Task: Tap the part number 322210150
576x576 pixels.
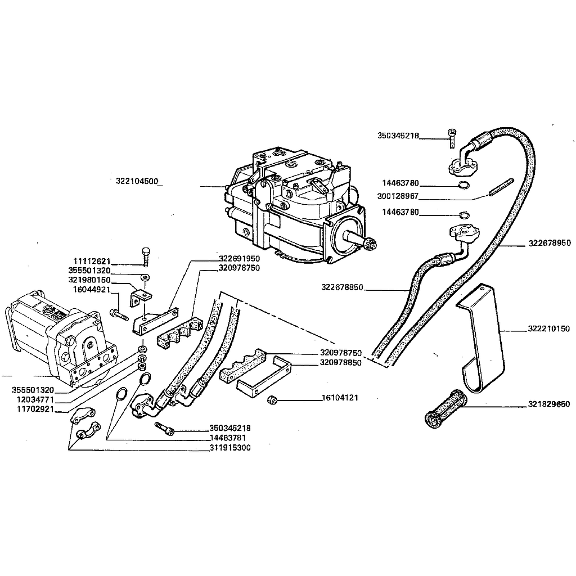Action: [x=549, y=328]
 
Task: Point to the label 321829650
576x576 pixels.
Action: [x=549, y=404]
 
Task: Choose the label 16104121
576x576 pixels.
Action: [x=340, y=398]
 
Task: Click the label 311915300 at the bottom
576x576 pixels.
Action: [x=229, y=448]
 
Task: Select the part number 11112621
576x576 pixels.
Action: [x=92, y=262]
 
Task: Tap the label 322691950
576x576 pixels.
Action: [x=240, y=259]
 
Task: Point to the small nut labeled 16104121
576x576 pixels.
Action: [x=273, y=400]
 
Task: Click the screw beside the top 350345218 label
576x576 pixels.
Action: [x=451, y=137]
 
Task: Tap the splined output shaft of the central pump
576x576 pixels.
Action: [x=366, y=242]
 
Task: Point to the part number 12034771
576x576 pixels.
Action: [x=33, y=400]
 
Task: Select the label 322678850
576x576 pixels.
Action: [x=343, y=287]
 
